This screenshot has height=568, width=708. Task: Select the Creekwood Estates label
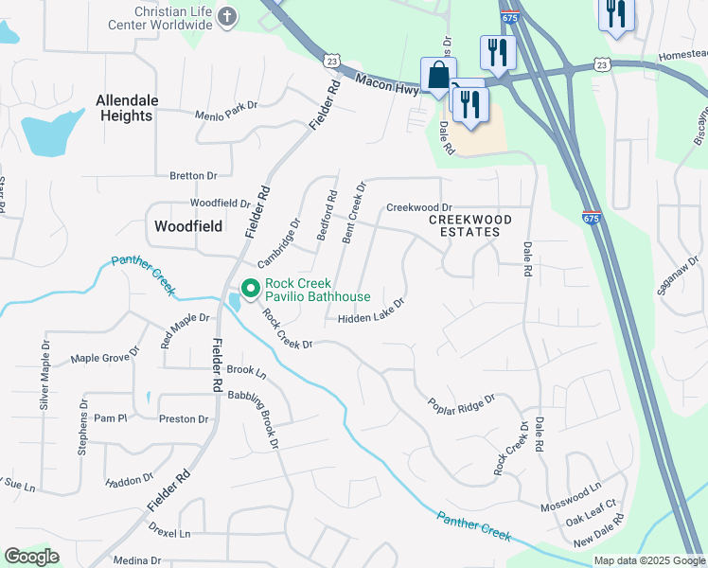click(x=470, y=225)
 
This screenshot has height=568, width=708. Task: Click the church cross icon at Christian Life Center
click(x=227, y=16)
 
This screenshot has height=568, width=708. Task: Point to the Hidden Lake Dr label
click(x=371, y=311)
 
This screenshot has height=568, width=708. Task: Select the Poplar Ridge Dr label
click(x=461, y=402)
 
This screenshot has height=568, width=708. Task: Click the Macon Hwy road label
click(x=388, y=84)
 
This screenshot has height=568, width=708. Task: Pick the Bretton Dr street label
click(x=193, y=175)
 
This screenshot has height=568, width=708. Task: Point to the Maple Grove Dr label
click(x=105, y=359)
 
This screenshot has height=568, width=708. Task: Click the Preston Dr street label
click(x=184, y=418)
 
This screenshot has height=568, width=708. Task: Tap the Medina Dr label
click(x=137, y=560)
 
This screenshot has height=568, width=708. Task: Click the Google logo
click(x=31, y=557)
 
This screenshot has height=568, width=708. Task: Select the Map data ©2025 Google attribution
click(x=648, y=560)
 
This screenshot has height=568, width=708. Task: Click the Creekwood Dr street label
click(x=419, y=207)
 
